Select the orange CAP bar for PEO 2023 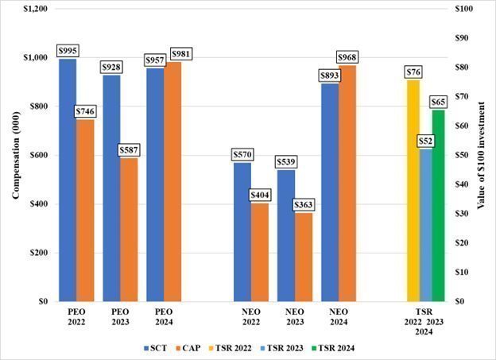click(128, 230)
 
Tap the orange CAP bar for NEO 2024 click(347, 184)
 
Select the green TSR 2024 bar click(438, 206)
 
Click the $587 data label click(130, 151)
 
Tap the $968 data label click(347, 58)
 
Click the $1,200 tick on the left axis click(34, 9)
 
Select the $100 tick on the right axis click(465, 9)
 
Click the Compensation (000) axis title click(15, 155)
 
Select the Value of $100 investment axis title click(482, 155)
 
